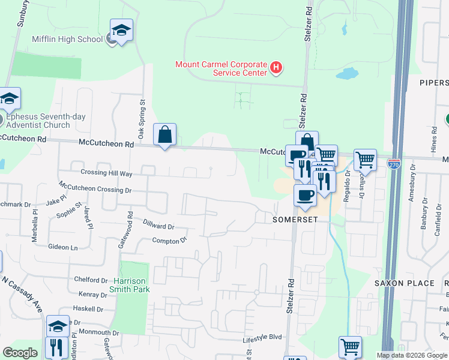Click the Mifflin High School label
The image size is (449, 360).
(74, 40)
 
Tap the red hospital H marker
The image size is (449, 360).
(276, 68)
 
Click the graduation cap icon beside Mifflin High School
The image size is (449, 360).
(121, 31)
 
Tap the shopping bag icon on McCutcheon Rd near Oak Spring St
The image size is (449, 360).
(164, 136)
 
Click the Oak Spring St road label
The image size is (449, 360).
(142, 113)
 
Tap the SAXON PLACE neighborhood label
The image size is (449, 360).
(404, 283)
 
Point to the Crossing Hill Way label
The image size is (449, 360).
(105, 173)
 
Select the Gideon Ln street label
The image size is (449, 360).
(63, 247)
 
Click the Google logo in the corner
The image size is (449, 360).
(20, 353)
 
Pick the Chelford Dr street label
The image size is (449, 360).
(91, 280)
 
